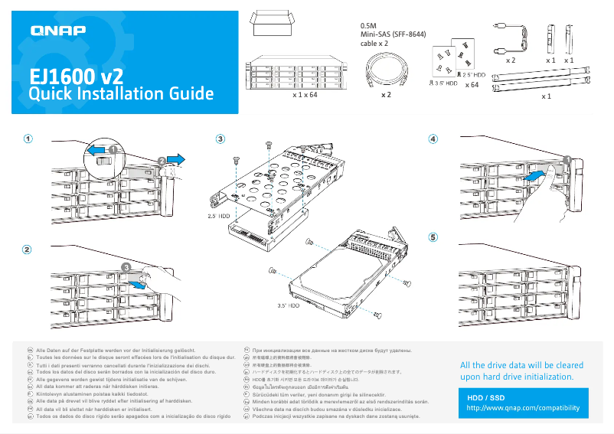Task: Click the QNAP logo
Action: coord(57,31)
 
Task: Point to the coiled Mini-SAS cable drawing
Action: coord(386,74)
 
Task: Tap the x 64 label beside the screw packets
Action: coord(472,85)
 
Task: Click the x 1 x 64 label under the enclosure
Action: coord(305,96)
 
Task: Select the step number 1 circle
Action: coord(28,139)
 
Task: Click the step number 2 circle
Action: coord(28,249)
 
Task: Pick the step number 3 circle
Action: coord(220,139)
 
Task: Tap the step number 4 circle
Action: coord(433,139)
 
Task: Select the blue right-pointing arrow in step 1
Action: coord(175,158)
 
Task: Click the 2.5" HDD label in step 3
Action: coord(218,217)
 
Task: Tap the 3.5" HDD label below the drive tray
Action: coord(287,305)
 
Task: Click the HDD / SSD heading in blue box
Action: coord(486,398)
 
